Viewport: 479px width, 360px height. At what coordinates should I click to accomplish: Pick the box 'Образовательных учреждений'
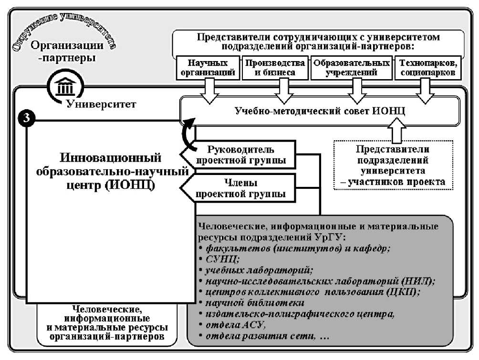351,68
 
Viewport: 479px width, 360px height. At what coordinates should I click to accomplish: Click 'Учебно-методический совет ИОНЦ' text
320,111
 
